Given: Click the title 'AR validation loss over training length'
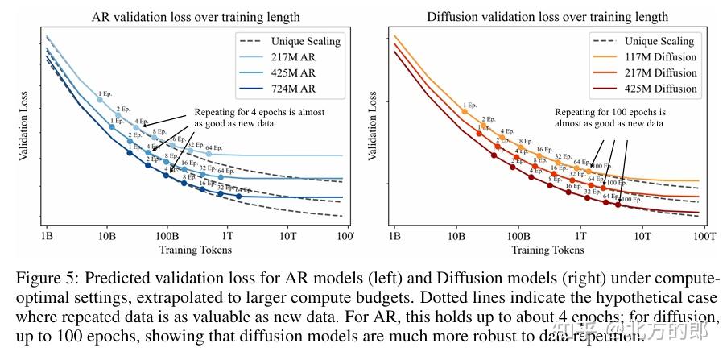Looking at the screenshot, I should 196,15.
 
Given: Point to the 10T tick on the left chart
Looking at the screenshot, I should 288,236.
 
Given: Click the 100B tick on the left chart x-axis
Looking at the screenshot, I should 167,236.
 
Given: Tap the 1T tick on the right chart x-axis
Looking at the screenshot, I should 580,236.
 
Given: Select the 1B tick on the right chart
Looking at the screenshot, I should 394,236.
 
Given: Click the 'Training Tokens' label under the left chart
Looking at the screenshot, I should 196,250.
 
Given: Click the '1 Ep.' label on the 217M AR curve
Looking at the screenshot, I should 105,96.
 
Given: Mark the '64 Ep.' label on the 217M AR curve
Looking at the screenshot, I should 213,147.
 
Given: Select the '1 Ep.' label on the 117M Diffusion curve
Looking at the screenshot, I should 470,105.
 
